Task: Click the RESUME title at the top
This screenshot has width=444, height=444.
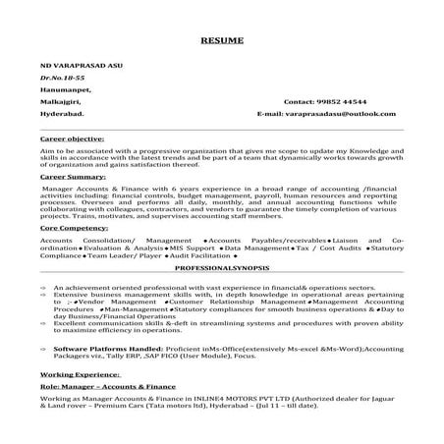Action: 221,42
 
